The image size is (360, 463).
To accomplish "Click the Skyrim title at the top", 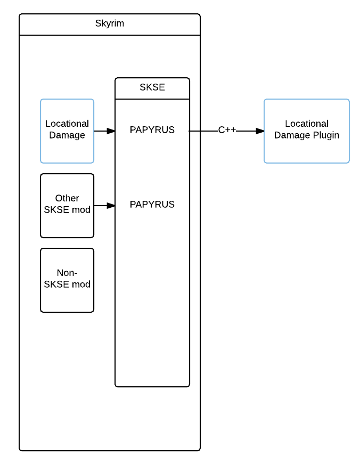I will point(110,23).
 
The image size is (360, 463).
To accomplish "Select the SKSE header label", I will point(152,87).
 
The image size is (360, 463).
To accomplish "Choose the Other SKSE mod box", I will point(67,224).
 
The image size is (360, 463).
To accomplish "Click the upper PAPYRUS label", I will point(152,130).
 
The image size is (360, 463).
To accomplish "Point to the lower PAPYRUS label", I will point(152,205).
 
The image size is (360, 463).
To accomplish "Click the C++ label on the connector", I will point(227,130).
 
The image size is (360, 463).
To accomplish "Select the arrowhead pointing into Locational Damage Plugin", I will point(260,131).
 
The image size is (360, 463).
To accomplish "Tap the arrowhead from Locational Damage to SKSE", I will point(111,131).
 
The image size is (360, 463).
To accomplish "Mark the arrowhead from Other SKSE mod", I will point(111,206).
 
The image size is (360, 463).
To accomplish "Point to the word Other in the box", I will point(67,199).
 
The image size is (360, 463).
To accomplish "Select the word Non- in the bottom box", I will point(67,273).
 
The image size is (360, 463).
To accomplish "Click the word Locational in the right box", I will point(307,124).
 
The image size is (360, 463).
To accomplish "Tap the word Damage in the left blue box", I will point(67,135).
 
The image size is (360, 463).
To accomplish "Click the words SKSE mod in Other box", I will point(67,210).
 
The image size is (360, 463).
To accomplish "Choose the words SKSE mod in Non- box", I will point(67,285).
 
